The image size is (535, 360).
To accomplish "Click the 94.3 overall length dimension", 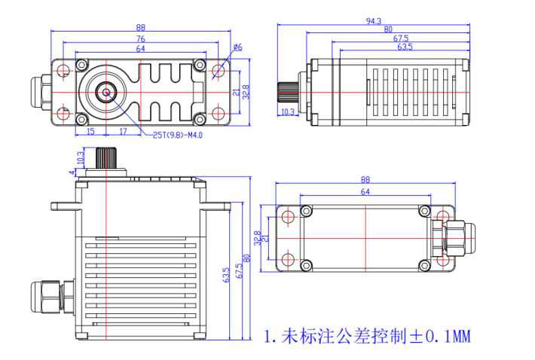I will pos(373,21).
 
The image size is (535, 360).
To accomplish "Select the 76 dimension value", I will pos(141,39).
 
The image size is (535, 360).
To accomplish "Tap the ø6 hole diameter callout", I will pos(237,47).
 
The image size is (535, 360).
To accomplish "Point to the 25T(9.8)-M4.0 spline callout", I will pos(177,136).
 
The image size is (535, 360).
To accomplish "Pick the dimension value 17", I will pos(123,131).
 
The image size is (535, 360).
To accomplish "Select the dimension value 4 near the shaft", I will pos(72,172).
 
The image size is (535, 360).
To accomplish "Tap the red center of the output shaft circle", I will pos(106,93).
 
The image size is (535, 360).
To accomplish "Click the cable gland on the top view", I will pos(40,93).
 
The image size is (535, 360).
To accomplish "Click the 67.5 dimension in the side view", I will pos(400,38).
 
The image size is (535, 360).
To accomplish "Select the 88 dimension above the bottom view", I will pos(365,180).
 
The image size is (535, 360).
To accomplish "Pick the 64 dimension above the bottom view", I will pos(365,192).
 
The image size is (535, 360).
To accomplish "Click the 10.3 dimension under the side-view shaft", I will pos(287,112).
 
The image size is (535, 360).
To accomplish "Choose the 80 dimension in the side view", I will pos(387,30).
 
